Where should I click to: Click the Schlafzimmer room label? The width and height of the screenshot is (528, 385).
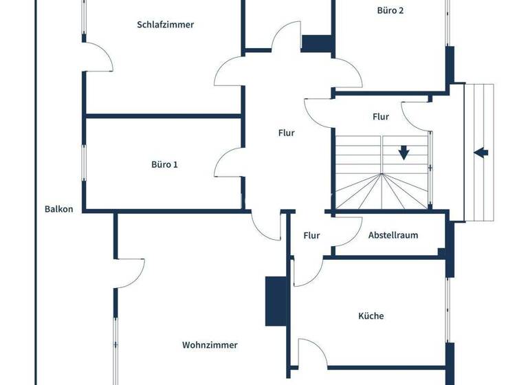pos(165,25)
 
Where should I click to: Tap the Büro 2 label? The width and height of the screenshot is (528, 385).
pos(390,10)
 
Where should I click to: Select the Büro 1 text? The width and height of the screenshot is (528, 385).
pos(164,165)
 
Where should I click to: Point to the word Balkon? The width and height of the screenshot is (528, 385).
pos(58,209)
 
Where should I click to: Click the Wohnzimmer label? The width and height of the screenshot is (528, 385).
pos(210,345)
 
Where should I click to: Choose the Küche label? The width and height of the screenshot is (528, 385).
pos(371,316)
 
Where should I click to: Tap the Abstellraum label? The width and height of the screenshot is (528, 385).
pos(393,235)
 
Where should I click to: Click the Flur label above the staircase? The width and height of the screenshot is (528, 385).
pos(380,117)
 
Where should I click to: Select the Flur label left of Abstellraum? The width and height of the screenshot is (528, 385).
pos(311,236)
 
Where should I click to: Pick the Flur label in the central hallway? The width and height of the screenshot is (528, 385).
pos(286,133)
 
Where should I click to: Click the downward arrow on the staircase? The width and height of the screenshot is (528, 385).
pos(404,152)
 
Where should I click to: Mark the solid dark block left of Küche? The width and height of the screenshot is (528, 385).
pos(276,301)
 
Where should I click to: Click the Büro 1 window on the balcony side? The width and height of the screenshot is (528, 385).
pos(85,163)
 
